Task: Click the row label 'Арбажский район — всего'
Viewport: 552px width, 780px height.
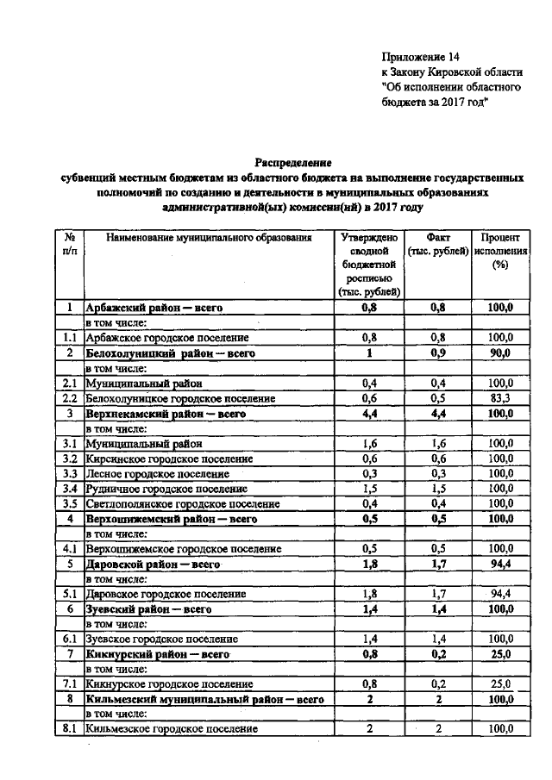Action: [x=147, y=307]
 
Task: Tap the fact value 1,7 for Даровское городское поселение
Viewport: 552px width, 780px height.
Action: [x=437, y=594]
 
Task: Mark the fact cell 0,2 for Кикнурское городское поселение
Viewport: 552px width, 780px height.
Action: [x=437, y=683]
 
